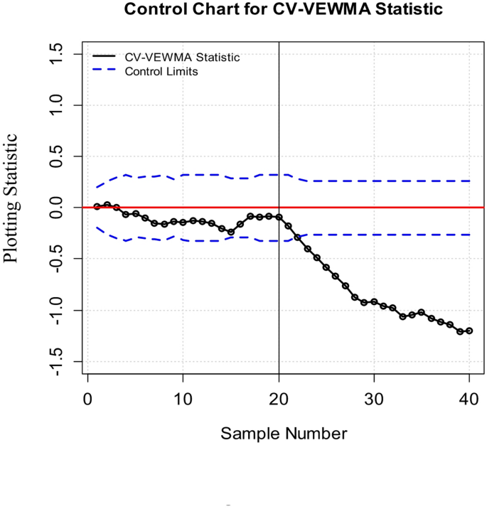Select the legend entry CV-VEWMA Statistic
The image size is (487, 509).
[x=182, y=58]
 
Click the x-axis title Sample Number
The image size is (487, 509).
[x=283, y=433]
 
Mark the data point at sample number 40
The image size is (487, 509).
[x=469, y=331]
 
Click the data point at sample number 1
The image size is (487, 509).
[x=97, y=206]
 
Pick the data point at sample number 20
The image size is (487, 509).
[x=279, y=217]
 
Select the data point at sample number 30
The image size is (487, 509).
[x=374, y=302]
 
